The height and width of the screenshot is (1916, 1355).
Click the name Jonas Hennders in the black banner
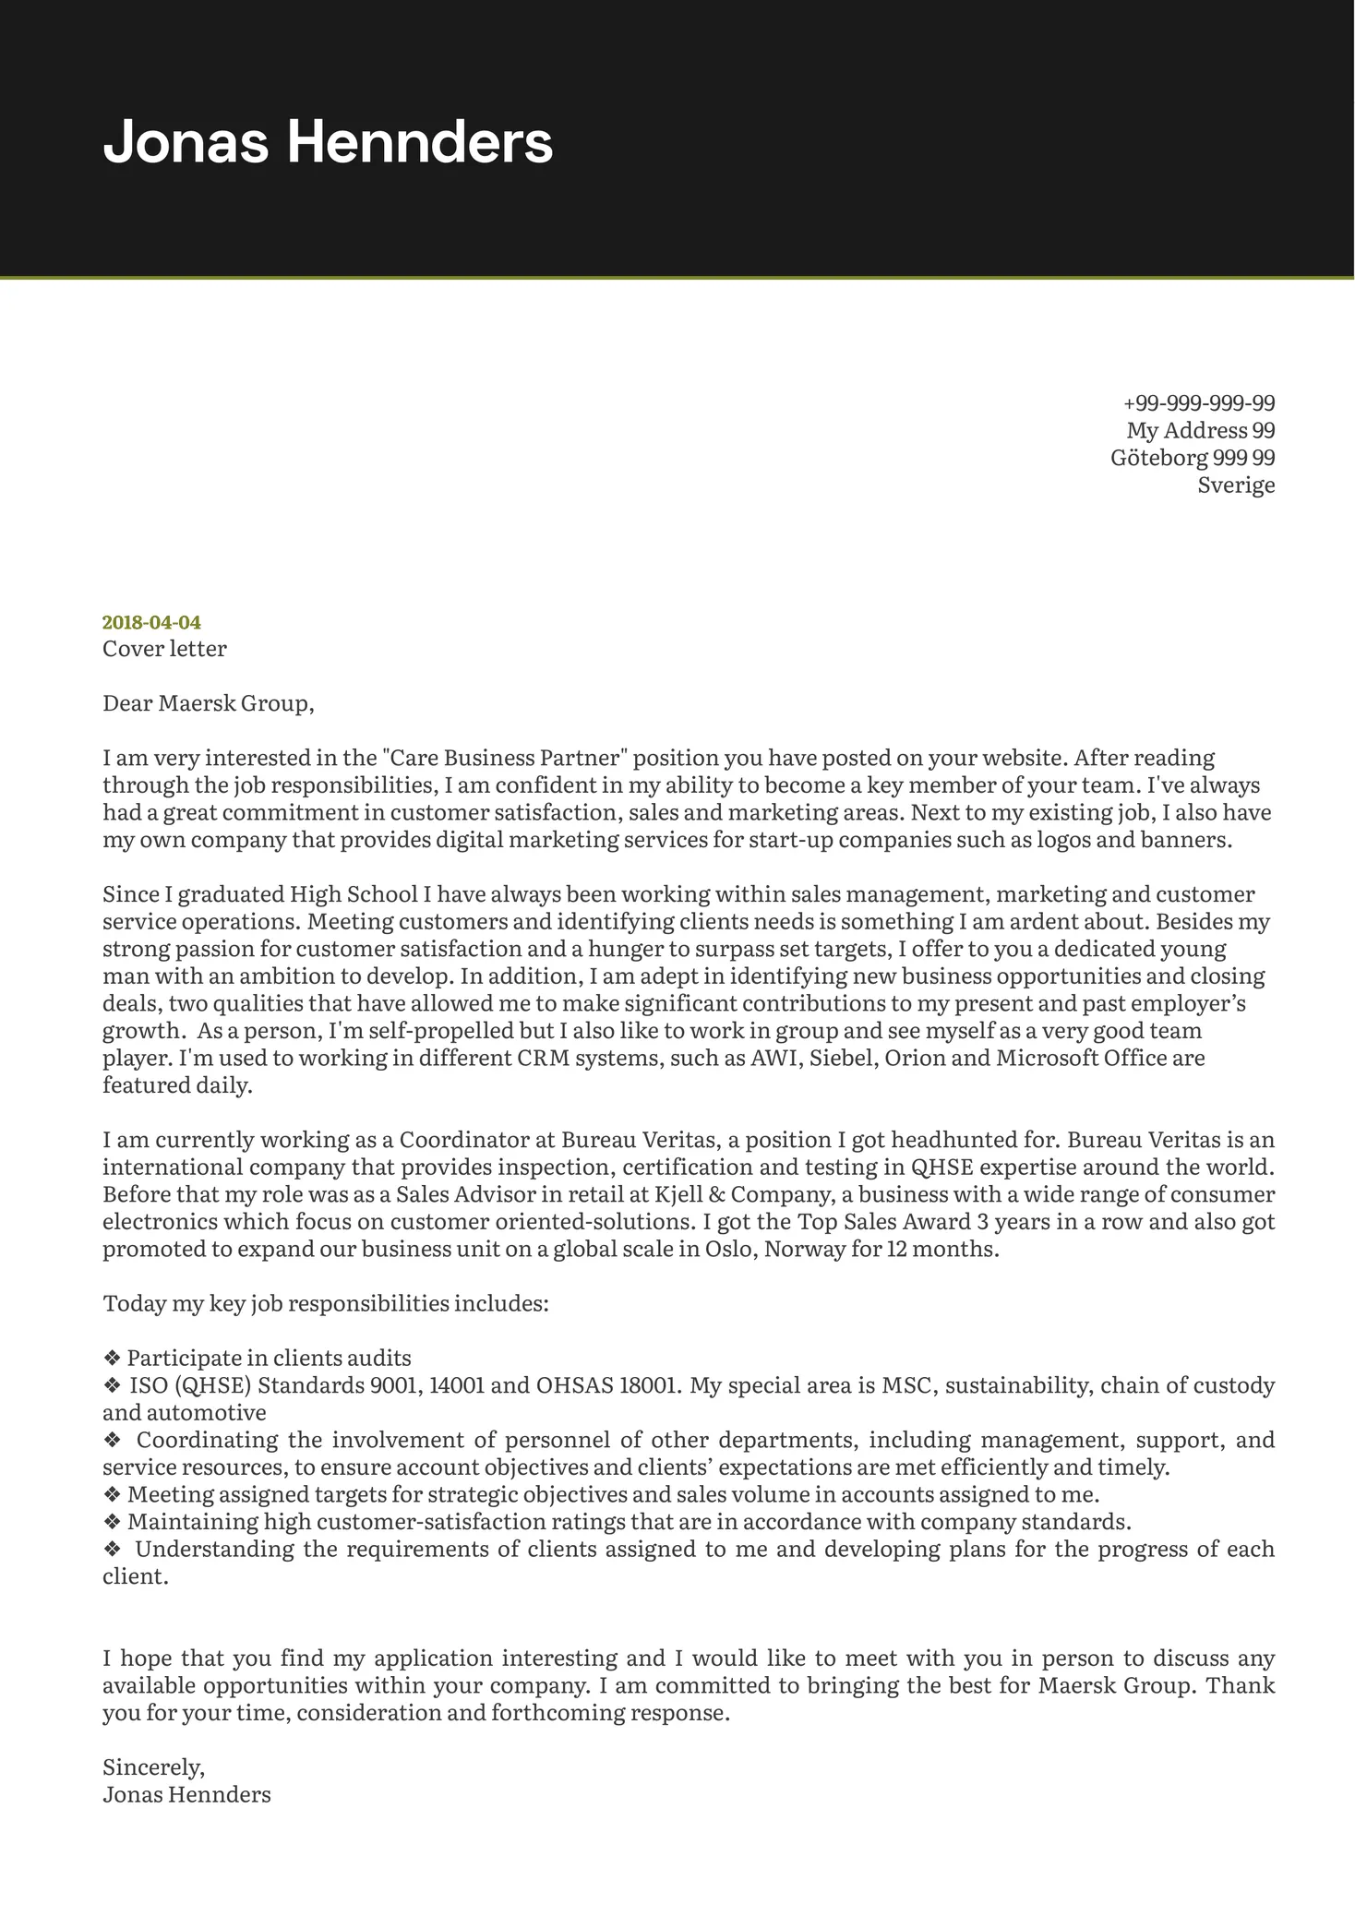point(328,143)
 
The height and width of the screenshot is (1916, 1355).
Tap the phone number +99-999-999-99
point(1199,403)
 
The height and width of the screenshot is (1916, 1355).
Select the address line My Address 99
point(1200,430)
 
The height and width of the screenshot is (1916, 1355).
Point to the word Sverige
point(1236,485)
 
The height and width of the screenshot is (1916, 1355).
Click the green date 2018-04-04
point(151,622)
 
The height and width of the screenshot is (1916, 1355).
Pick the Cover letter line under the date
point(164,649)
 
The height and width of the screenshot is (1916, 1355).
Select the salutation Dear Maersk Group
point(208,703)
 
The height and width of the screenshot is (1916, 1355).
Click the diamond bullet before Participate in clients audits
point(112,1359)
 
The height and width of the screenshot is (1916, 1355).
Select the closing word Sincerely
point(153,1767)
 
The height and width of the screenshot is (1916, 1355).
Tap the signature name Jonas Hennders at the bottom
point(186,1795)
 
